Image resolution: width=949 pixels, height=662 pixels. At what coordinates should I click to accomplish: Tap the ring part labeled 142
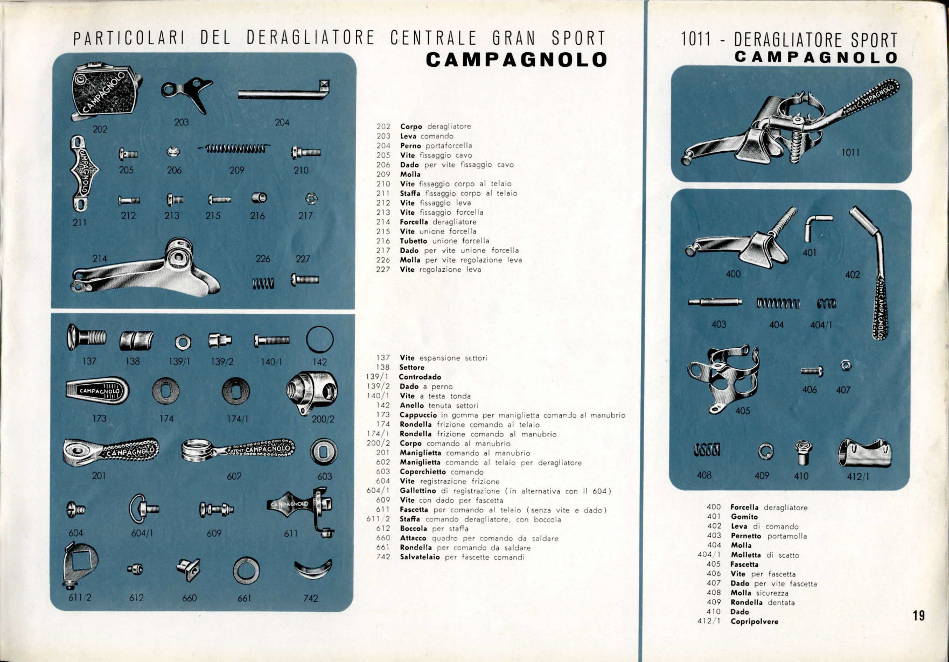pyautogui.click(x=320, y=340)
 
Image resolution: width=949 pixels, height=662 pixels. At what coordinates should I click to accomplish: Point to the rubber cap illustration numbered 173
pyautogui.click(x=97, y=390)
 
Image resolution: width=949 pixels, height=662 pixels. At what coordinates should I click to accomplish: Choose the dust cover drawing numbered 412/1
pyautogui.click(x=864, y=453)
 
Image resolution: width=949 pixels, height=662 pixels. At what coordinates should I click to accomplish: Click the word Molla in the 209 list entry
pyautogui.click(x=410, y=174)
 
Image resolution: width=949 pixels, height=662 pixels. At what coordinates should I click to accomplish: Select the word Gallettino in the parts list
pyautogui.click(x=418, y=491)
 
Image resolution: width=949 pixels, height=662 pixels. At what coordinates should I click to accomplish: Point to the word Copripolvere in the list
pyautogui.click(x=755, y=622)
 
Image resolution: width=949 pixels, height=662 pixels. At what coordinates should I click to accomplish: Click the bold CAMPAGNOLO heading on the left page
pyautogui.click(x=517, y=59)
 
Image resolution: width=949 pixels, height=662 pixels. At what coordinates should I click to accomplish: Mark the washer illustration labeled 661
pyautogui.click(x=246, y=571)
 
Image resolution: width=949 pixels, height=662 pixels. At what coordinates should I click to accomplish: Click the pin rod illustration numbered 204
pyautogui.click(x=284, y=91)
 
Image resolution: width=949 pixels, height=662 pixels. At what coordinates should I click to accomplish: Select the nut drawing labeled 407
pyautogui.click(x=846, y=366)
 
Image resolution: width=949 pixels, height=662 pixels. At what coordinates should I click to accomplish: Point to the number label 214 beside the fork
pyautogui.click(x=100, y=258)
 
